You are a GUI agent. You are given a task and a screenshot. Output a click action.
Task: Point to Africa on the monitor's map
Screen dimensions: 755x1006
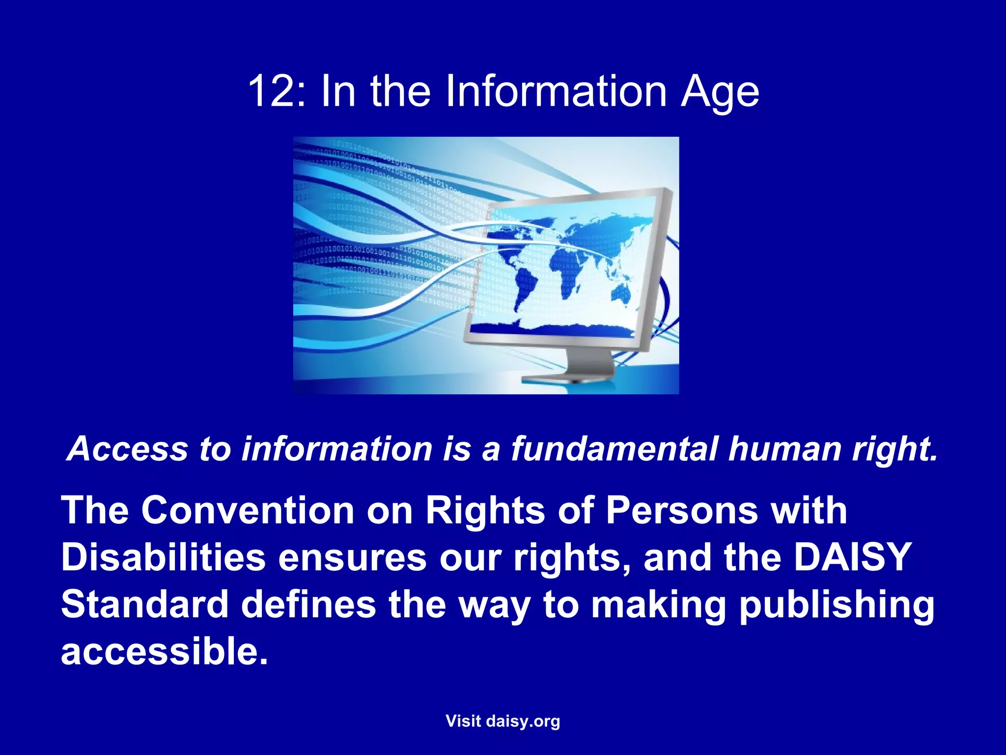(x=570, y=265)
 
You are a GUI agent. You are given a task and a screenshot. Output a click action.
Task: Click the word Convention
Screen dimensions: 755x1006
(x=248, y=510)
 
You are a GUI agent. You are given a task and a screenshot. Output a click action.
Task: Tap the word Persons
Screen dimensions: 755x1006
(x=682, y=510)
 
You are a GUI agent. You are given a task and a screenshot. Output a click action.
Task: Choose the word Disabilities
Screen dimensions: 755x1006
(x=163, y=557)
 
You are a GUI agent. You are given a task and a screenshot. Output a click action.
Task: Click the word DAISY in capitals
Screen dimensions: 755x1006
(x=853, y=557)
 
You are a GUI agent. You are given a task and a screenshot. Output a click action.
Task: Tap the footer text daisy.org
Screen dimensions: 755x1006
(x=523, y=722)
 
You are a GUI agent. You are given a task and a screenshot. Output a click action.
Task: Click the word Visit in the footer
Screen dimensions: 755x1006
(x=463, y=721)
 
